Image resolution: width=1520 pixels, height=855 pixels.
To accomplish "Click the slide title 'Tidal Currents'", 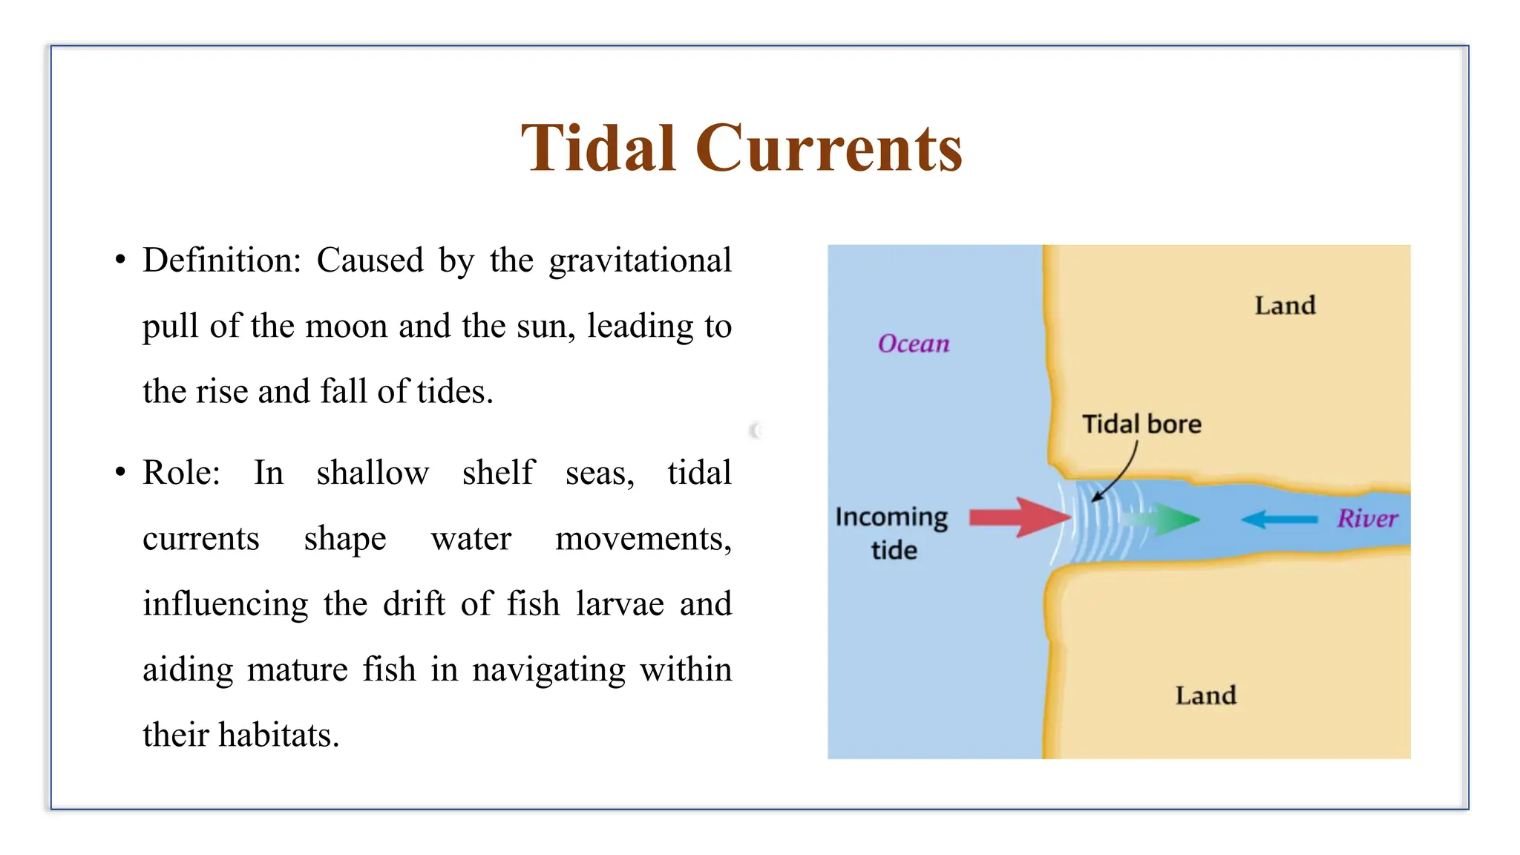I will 741,148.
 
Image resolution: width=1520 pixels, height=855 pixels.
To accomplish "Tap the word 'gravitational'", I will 640,261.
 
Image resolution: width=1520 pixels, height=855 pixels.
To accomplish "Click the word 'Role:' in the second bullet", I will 181,473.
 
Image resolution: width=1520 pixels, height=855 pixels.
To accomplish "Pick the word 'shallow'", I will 373,473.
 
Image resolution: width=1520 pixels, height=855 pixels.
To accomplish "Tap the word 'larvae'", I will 620,603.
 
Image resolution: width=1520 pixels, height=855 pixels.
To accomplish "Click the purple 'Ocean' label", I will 914,344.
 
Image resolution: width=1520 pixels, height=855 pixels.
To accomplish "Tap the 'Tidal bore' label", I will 1141,424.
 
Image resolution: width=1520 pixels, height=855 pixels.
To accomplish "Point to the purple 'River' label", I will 1367,518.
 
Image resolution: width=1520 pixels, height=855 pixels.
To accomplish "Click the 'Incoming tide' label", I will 891,533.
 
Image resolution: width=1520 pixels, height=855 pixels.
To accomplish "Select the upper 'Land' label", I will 1285,305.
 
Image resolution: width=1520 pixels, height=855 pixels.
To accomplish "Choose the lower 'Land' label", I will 1205,695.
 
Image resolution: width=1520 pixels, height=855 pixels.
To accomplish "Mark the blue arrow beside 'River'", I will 1278,519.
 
